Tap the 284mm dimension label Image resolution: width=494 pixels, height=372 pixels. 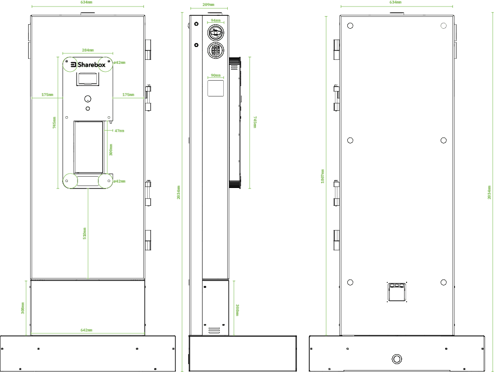click(x=88, y=50)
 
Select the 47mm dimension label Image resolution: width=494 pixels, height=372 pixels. click(x=119, y=131)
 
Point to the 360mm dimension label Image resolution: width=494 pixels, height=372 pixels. click(x=111, y=150)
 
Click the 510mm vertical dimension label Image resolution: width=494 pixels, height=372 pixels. click(x=84, y=233)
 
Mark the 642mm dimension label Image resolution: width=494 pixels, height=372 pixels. click(x=86, y=330)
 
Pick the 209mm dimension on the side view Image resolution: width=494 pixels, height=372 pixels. click(x=208, y=4)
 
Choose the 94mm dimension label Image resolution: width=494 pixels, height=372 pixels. click(x=215, y=20)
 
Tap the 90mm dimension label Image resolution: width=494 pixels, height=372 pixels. click(x=215, y=75)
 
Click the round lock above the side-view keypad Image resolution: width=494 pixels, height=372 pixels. click(x=215, y=34)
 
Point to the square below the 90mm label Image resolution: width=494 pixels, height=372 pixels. click(x=215, y=88)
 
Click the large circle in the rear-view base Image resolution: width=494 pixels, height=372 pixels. click(x=396, y=359)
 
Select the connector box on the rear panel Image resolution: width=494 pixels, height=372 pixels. click(x=397, y=291)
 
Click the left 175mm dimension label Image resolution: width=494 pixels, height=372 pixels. click(x=47, y=94)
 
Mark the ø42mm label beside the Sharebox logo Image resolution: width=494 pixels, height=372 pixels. click(x=119, y=62)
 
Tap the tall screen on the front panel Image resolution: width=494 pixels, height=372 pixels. click(x=89, y=146)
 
